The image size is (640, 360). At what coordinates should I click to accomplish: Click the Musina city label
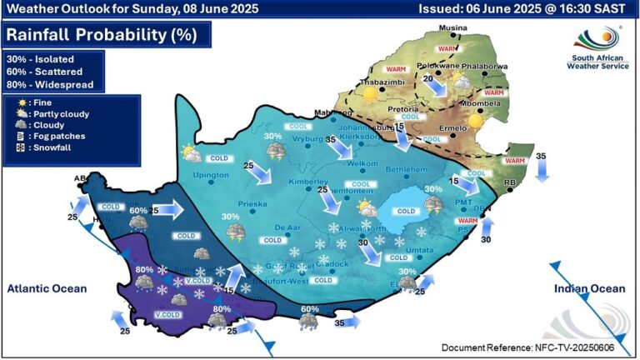tap(452, 28)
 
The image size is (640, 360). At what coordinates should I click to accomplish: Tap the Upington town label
tap(210, 175)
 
